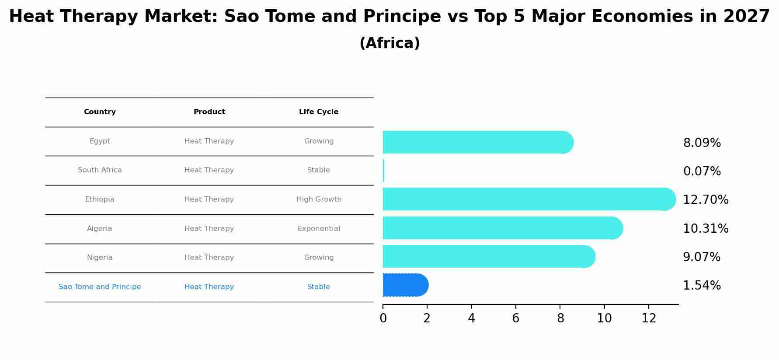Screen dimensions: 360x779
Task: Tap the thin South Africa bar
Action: coord(383,171)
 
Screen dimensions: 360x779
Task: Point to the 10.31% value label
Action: coord(706,228)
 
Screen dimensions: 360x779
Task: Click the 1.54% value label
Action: coord(702,286)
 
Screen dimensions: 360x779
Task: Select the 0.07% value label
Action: coord(702,171)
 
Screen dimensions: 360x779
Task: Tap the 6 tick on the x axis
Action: coord(515,318)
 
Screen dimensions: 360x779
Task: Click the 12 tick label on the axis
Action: coord(649,318)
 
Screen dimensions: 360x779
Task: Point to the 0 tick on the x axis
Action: coord(383,318)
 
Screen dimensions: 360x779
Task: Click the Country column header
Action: coord(100,112)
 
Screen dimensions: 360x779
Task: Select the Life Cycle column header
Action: coord(319,112)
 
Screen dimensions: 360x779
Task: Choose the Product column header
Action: coord(209,112)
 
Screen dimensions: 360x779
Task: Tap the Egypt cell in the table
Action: coord(100,141)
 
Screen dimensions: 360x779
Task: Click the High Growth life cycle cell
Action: coord(319,199)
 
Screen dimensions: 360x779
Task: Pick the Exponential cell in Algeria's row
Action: coord(319,229)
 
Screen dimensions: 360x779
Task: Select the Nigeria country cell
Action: coord(100,258)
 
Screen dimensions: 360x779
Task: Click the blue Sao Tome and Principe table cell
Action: coord(100,287)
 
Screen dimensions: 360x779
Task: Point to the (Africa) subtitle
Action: coord(389,43)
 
